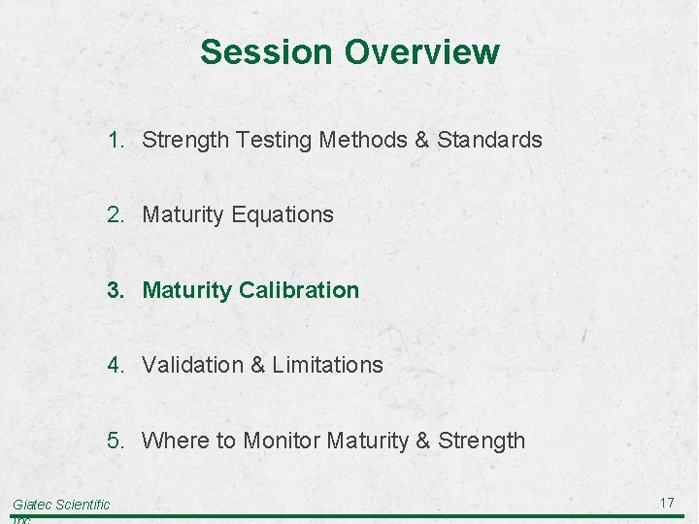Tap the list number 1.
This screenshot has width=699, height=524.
(x=116, y=140)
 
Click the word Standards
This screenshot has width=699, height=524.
(x=489, y=140)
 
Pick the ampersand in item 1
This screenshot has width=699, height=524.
(x=421, y=140)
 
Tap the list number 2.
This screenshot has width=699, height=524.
(x=116, y=214)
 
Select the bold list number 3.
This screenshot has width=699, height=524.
(x=116, y=290)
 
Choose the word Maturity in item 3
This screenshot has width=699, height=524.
(x=186, y=290)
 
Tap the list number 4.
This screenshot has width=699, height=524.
(x=116, y=365)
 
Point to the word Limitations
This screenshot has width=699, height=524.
(x=327, y=365)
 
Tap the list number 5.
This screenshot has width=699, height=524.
(x=116, y=441)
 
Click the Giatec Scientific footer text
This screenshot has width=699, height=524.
(x=61, y=505)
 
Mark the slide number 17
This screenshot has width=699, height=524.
(x=666, y=503)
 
